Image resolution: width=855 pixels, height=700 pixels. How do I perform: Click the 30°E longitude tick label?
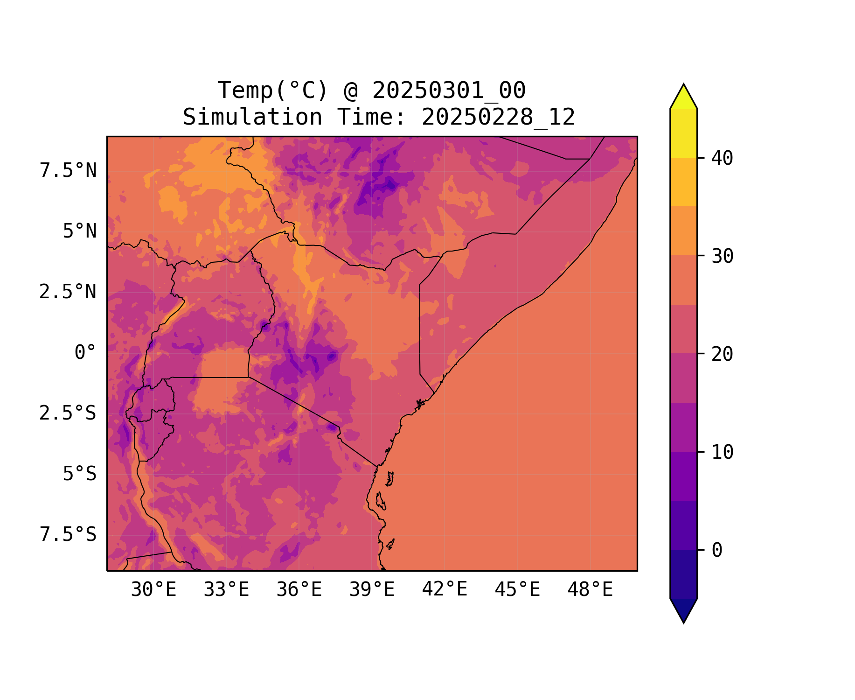[153, 590]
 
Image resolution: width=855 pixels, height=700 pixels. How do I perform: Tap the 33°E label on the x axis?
[226, 590]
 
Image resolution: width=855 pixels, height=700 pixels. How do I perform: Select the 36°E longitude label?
[299, 590]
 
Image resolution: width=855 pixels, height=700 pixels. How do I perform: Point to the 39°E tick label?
[372, 590]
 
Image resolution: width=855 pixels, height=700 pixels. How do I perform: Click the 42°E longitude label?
[445, 590]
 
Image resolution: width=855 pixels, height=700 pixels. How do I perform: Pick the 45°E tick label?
[517, 590]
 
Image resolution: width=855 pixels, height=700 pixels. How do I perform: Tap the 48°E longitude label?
[590, 590]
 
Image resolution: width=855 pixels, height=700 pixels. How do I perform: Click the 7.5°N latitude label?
[68, 171]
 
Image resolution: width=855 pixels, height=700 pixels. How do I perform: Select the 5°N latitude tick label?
[80, 231]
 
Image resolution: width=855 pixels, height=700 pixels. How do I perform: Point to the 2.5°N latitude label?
[68, 292]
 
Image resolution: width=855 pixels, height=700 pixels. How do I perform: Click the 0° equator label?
[85, 353]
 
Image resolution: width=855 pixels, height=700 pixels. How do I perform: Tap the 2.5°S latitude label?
[68, 413]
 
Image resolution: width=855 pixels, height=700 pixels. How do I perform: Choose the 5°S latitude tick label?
[80, 474]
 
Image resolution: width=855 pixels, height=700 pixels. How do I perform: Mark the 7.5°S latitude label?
[68, 535]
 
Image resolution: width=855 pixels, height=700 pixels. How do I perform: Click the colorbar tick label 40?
[723, 158]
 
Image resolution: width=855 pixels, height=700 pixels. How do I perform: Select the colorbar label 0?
[717, 551]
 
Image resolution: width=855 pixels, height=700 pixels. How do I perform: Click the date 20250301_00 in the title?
[449, 91]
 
